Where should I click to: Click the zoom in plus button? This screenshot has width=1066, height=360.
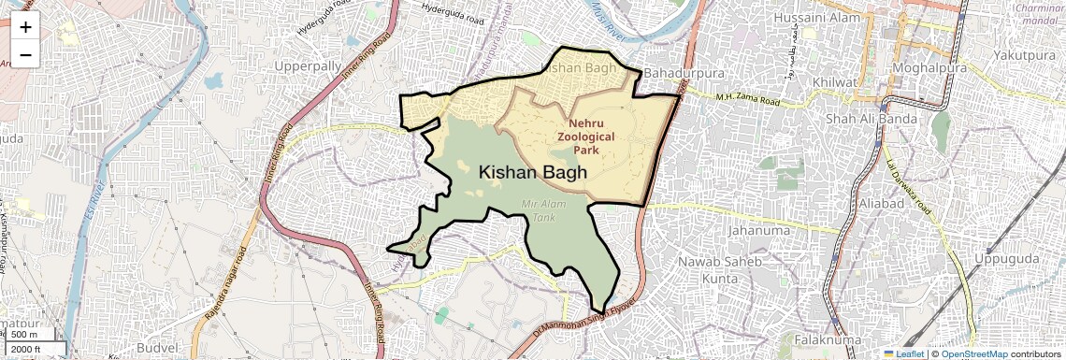tap(25, 27)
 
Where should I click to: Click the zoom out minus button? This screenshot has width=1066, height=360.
tap(25, 54)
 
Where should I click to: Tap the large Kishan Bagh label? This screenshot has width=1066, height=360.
tap(533, 173)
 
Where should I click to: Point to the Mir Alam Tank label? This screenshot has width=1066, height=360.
tap(531, 209)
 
